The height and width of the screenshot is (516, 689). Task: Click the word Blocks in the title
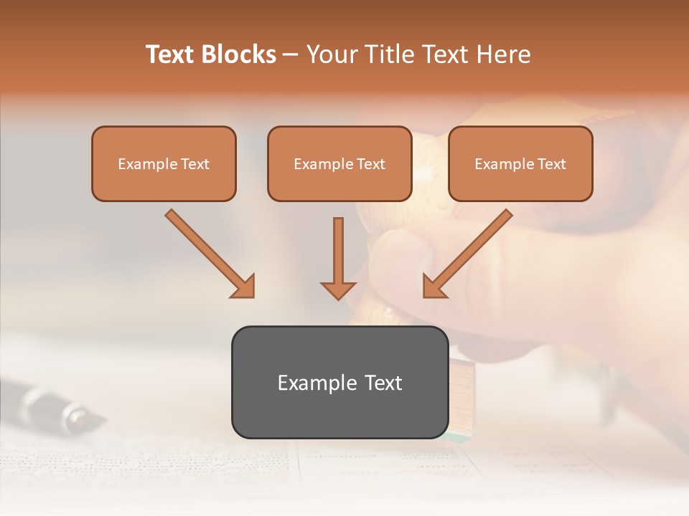click(x=238, y=54)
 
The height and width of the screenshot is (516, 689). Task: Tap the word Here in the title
click(x=504, y=54)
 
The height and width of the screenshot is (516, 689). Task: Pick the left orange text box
click(x=164, y=163)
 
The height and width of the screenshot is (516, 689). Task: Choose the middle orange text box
click(x=339, y=163)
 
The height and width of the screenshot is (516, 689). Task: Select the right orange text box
click(x=520, y=163)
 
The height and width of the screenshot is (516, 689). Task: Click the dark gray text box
click(x=339, y=382)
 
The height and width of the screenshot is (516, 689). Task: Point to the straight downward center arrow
click(x=338, y=251)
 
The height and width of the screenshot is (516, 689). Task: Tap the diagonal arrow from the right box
click(x=474, y=248)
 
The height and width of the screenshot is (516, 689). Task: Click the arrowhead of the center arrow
click(x=338, y=290)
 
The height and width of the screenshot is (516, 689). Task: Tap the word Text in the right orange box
click(x=552, y=164)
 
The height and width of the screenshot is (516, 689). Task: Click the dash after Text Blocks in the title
click(x=291, y=55)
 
